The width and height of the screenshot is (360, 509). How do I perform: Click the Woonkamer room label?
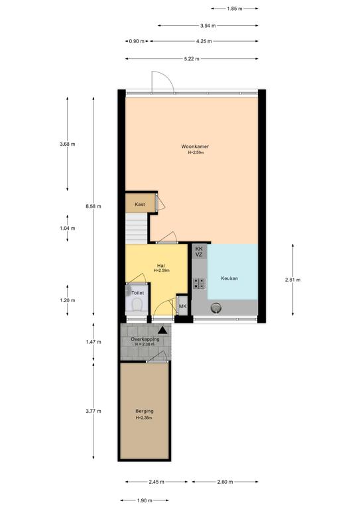(195, 146)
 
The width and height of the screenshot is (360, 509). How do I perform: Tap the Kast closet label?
(140, 204)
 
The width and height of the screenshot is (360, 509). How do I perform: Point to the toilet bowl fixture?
(137, 304)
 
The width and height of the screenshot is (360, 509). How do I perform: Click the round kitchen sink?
(216, 308)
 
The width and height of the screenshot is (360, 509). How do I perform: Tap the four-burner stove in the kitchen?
(199, 284)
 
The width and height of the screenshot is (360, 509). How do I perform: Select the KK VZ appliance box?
(199, 252)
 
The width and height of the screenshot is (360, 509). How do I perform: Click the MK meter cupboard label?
(183, 306)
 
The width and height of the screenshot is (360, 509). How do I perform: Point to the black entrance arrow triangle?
(162, 331)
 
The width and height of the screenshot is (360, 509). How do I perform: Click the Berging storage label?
(145, 411)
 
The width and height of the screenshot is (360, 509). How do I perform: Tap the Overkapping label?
(145, 339)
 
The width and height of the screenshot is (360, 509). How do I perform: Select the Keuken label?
(229, 278)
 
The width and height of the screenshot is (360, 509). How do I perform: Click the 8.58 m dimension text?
(93, 206)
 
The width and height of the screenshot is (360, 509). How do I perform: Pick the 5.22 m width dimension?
(192, 59)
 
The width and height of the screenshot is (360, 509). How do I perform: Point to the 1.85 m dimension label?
(235, 9)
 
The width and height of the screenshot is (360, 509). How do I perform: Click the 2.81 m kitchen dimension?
(293, 280)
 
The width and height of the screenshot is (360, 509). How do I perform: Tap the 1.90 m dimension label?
(145, 500)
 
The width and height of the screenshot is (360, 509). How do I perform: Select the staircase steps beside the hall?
(137, 228)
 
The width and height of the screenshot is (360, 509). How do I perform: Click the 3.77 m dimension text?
(93, 411)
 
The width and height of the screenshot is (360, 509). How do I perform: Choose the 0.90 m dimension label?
(137, 41)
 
